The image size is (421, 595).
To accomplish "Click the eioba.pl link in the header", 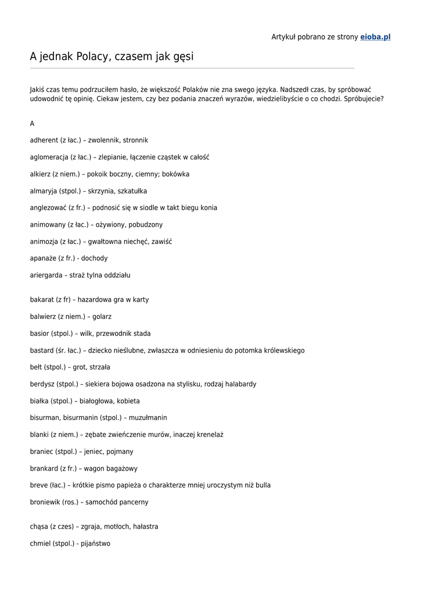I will [375, 37].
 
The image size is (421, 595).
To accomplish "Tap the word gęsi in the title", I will [183, 57].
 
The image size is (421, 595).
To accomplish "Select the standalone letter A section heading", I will [33, 124].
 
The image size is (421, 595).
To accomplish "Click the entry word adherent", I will [44, 141].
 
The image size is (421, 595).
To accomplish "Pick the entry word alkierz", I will [40, 174].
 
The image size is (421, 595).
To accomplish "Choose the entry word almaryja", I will [44, 191].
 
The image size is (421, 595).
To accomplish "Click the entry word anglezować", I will [48, 208].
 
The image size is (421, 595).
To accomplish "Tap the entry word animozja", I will [44, 242].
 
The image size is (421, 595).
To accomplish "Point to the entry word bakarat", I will [42, 300].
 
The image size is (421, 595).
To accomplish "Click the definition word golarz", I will [102, 317].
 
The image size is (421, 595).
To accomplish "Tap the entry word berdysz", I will [42, 384].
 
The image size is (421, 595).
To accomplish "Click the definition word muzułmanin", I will [148, 418].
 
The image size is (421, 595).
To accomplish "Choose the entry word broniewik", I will [45, 502].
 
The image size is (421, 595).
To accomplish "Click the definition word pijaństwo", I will [96, 544].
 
